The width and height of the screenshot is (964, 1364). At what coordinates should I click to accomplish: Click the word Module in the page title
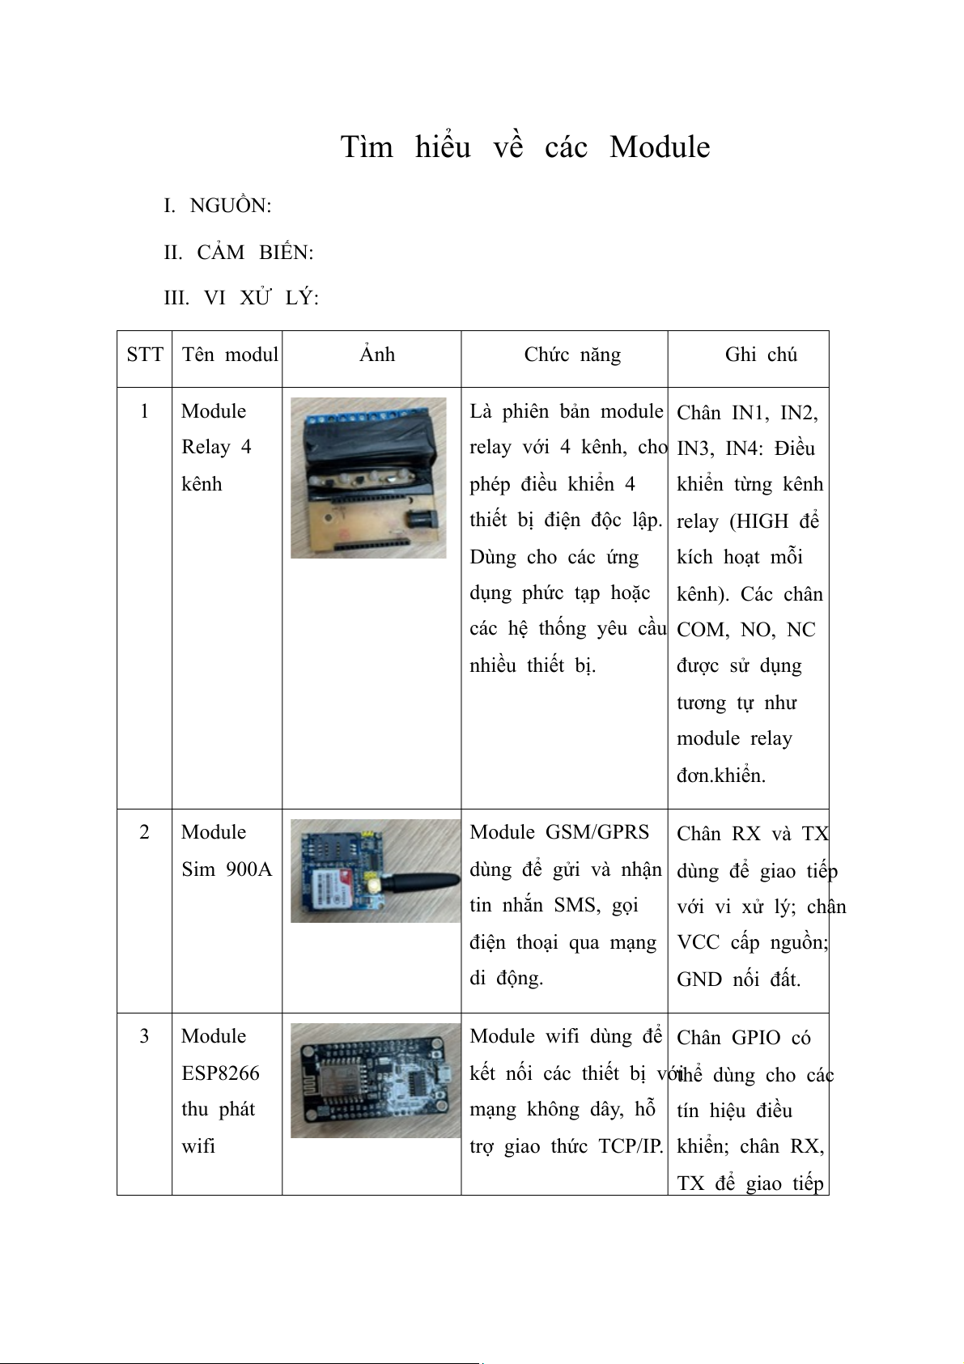[660, 147]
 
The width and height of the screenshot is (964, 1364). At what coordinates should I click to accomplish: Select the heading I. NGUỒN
[217, 206]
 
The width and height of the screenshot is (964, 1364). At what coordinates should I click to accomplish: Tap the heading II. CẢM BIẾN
[238, 253]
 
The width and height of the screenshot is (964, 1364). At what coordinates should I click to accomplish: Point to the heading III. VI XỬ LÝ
[241, 298]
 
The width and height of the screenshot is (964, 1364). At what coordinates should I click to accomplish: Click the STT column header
[144, 355]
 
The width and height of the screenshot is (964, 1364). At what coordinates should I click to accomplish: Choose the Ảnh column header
[376, 355]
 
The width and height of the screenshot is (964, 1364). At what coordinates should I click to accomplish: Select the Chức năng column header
[572, 355]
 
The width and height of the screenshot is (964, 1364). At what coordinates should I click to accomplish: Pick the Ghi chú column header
[761, 355]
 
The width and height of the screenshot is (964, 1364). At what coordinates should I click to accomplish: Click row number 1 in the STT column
[144, 411]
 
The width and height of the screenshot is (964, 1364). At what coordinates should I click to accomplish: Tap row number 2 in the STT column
[144, 832]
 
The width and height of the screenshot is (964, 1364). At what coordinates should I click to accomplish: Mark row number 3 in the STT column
[144, 1036]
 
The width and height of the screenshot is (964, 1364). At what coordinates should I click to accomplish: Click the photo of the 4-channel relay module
[368, 478]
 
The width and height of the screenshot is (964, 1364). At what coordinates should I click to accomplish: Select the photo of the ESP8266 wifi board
[375, 1081]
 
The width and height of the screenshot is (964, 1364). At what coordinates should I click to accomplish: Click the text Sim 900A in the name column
[227, 869]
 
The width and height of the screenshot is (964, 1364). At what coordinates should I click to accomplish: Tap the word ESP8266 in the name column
[220, 1073]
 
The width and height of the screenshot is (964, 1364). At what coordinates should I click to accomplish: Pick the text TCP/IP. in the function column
[631, 1146]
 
